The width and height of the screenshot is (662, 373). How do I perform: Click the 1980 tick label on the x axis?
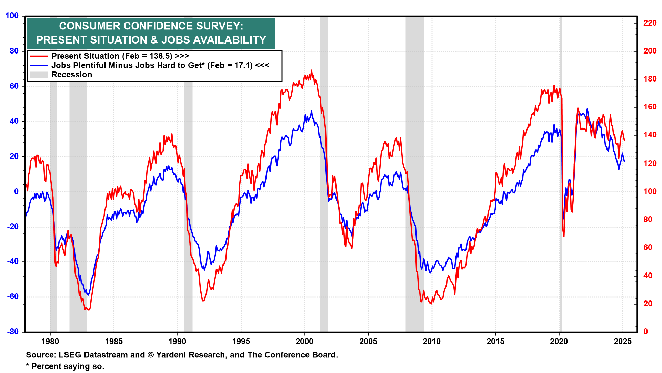coord(50,342)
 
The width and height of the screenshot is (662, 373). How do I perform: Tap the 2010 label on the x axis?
coord(432,342)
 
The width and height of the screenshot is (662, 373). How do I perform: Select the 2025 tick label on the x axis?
coord(623,342)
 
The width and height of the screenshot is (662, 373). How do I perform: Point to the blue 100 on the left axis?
coord(12,16)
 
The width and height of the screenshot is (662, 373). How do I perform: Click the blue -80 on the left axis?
coord(13,332)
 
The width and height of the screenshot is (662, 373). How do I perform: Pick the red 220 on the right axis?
coord(650,23)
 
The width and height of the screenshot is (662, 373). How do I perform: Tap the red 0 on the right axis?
coord(645,332)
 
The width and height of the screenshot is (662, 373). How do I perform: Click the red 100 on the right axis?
coord(650,191)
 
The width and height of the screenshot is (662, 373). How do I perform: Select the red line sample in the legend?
coord(39,56)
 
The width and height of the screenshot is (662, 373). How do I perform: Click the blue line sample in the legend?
coord(39,65)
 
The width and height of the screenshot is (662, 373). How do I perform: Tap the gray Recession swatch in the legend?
coord(39,75)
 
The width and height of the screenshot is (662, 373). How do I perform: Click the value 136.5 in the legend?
coord(160,56)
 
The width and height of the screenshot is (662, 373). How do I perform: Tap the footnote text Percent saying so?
coord(68,366)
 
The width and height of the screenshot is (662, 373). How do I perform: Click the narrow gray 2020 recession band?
coord(561,173)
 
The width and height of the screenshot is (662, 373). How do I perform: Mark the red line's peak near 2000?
coord(311,70)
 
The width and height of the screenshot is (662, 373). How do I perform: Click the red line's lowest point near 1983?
coord(89,310)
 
